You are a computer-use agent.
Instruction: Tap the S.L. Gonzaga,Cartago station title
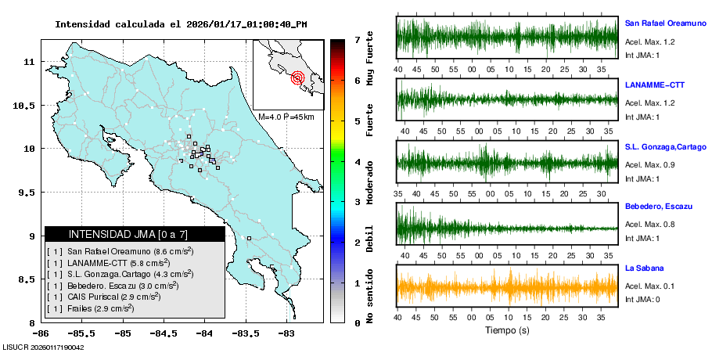666,146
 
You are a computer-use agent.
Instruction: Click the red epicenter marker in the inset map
297,77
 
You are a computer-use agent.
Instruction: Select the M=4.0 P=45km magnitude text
286,117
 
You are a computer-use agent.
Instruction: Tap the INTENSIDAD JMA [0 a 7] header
135,234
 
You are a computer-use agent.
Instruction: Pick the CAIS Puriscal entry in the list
104,297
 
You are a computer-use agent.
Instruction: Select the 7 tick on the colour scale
356,39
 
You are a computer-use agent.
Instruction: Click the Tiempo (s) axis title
508,331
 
